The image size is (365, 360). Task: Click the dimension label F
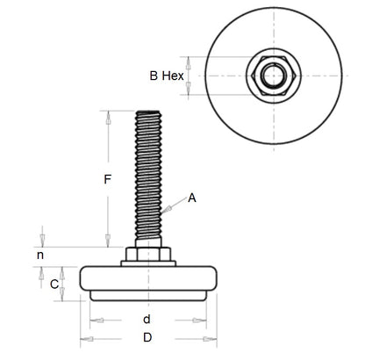pos(106,181)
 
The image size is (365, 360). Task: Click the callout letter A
pos(192,198)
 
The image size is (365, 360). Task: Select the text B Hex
pos(167,76)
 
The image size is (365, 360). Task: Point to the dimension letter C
pos(54,284)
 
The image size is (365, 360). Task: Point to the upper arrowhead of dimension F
pos(107,116)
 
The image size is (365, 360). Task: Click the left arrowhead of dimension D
pos(84,338)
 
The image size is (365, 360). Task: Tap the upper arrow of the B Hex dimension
pos(204,62)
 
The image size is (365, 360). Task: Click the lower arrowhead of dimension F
pos(107,243)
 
